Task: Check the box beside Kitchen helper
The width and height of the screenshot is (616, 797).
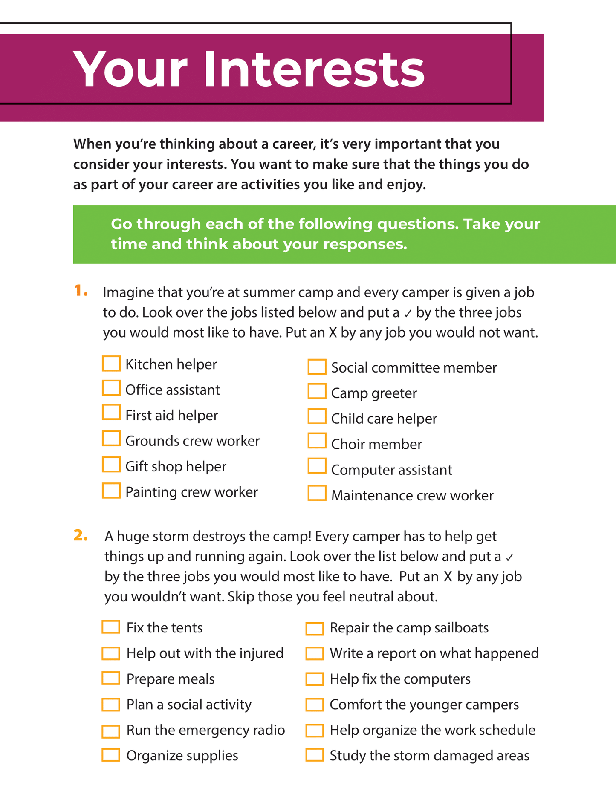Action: click(111, 364)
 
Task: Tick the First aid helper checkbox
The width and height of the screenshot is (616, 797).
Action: click(111, 413)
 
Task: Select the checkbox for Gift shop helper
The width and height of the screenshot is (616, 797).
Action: click(111, 465)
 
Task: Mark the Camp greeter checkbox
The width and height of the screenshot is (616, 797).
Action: click(317, 391)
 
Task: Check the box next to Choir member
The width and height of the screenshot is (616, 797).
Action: click(317, 441)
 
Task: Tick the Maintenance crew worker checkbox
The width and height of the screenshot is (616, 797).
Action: click(317, 493)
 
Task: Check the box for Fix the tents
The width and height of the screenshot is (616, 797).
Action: click(111, 627)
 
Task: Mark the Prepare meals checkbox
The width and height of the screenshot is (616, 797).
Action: click(111, 678)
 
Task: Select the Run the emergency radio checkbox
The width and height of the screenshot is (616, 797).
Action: click(111, 731)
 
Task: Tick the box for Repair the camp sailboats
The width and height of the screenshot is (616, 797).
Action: click(315, 629)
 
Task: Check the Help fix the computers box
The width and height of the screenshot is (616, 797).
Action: click(315, 679)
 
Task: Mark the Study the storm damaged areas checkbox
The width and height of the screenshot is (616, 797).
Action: click(315, 755)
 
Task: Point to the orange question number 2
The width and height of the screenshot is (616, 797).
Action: click(81, 536)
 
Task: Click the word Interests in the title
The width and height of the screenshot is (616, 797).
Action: click(314, 69)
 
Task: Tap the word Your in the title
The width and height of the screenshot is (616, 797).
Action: click(130, 69)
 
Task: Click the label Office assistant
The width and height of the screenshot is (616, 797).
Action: click(173, 390)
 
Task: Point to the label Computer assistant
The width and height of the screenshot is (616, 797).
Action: click(391, 470)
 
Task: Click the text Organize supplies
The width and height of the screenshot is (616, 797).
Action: click(182, 756)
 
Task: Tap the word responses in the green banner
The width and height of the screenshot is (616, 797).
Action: click(365, 244)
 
